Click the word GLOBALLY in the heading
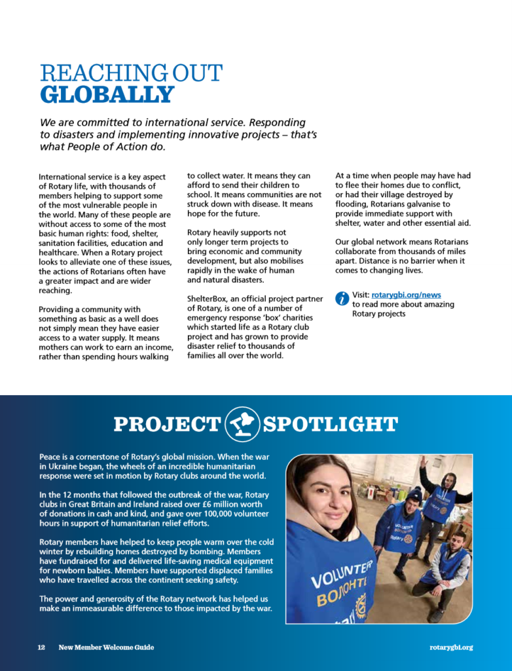pyautogui.click(x=107, y=94)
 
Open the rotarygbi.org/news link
pyautogui.click(x=406, y=295)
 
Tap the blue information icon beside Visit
pyautogui.click(x=342, y=298)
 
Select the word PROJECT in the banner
pyautogui.click(x=167, y=425)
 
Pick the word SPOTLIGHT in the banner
pyautogui.click(x=330, y=425)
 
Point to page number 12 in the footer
pyautogui.click(x=41, y=647)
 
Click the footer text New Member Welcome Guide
pyautogui.click(x=106, y=647)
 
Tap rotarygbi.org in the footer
pyautogui.click(x=450, y=647)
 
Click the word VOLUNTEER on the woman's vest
pyautogui.click(x=340, y=573)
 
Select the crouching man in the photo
pyautogui.click(x=448, y=564)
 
